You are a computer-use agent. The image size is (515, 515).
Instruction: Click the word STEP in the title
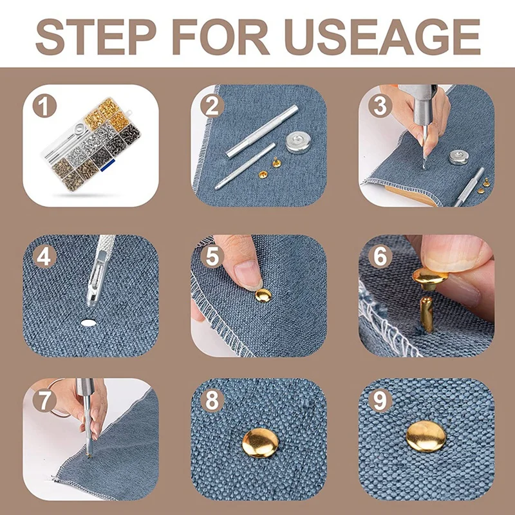95,37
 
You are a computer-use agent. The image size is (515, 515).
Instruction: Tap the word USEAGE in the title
382,37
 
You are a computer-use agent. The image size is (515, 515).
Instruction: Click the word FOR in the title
221,37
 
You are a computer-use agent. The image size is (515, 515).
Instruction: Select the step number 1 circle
44,106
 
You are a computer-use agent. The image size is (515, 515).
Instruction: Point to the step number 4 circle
44,257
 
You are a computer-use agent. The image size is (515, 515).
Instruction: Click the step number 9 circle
380,400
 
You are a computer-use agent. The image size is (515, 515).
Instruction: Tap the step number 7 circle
44,400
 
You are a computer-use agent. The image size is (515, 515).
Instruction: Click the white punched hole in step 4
88,323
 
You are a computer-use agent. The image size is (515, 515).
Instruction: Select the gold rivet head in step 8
261,443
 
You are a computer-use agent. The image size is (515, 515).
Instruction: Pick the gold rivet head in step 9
426,436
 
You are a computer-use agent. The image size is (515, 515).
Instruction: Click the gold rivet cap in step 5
263,295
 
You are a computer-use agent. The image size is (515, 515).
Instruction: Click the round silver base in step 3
458,157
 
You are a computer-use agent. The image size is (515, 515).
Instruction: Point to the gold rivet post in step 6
426,314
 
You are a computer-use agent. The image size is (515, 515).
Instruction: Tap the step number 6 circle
380,256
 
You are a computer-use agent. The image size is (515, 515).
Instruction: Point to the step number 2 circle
212,106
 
